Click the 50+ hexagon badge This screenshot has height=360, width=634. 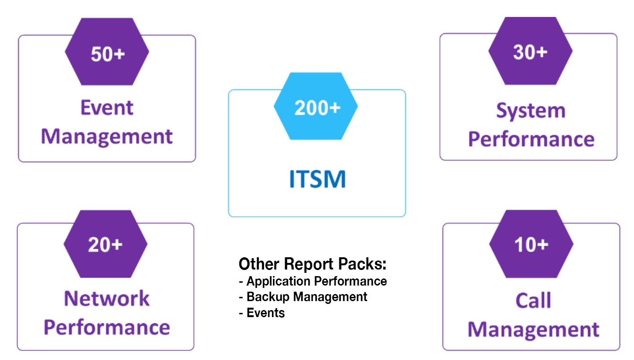coord(107,51)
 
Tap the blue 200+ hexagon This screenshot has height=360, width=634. coord(316,106)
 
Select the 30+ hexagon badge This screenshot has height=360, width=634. coord(530,51)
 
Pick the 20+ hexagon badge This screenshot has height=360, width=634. coord(106,244)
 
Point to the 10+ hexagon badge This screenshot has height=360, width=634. coord(531,244)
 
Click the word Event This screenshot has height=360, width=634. coord(107,107)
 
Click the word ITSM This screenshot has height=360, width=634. coord(317,179)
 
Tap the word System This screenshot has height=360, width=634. coord(531,111)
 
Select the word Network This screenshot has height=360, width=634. coord(107,298)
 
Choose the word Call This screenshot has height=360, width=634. coord(533,300)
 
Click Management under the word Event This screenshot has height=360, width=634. coord(107,137)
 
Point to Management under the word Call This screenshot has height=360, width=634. coord(534,330)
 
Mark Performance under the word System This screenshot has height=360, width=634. coord(531,139)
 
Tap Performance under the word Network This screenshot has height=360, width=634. coord(107,328)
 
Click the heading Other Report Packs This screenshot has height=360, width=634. coord(313,264)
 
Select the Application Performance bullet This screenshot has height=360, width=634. coord(313,281)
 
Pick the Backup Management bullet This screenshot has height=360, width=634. coord(303,297)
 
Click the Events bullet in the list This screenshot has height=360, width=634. coord(262,313)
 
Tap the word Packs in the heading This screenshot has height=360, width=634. coord(362,264)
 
